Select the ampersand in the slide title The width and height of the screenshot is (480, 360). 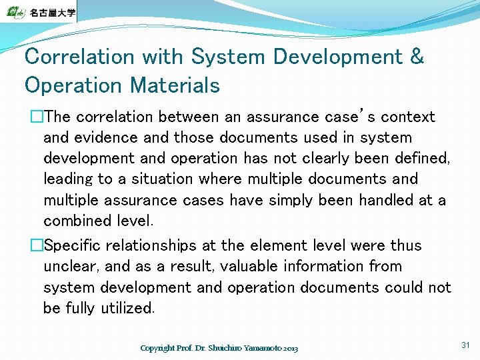[417, 57]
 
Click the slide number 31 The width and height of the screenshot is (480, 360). [465, 345]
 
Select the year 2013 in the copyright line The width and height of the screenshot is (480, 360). [291, 349]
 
